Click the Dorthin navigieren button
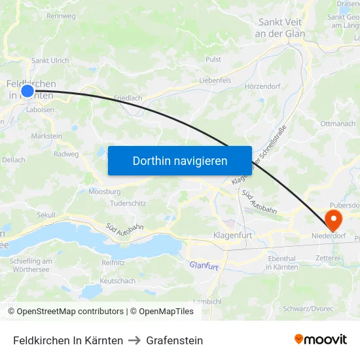pyautogui.click(x=179, y=160)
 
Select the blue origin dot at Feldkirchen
pyautogui.click(x=27, y=91)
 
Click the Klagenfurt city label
pyautogui.click(x=233, y=234)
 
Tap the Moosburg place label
pyautogui.click(x=104, y=192)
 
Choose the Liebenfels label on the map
pyautogui.click(x=215, y=81)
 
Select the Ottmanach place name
pyautogui.click(x=338, y=123)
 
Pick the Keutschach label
pyautogui.click(x=118, y=281)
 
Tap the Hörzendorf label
pyautogui.click(x=262, y=86)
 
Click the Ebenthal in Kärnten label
pyautogui.click(x=274, y=262)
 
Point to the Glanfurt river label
pyautogui.click(x=203, y=265)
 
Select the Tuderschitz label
pyautogui.click(x=128, y=203)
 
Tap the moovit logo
pyautogui.click(x=320, y=340)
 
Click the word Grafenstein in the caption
pyautogui.click(x=175, y=340)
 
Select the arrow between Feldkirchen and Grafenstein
pyautogui.click(x=135, y=340)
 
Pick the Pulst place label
pyautogui.click(x=213, y=59)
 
